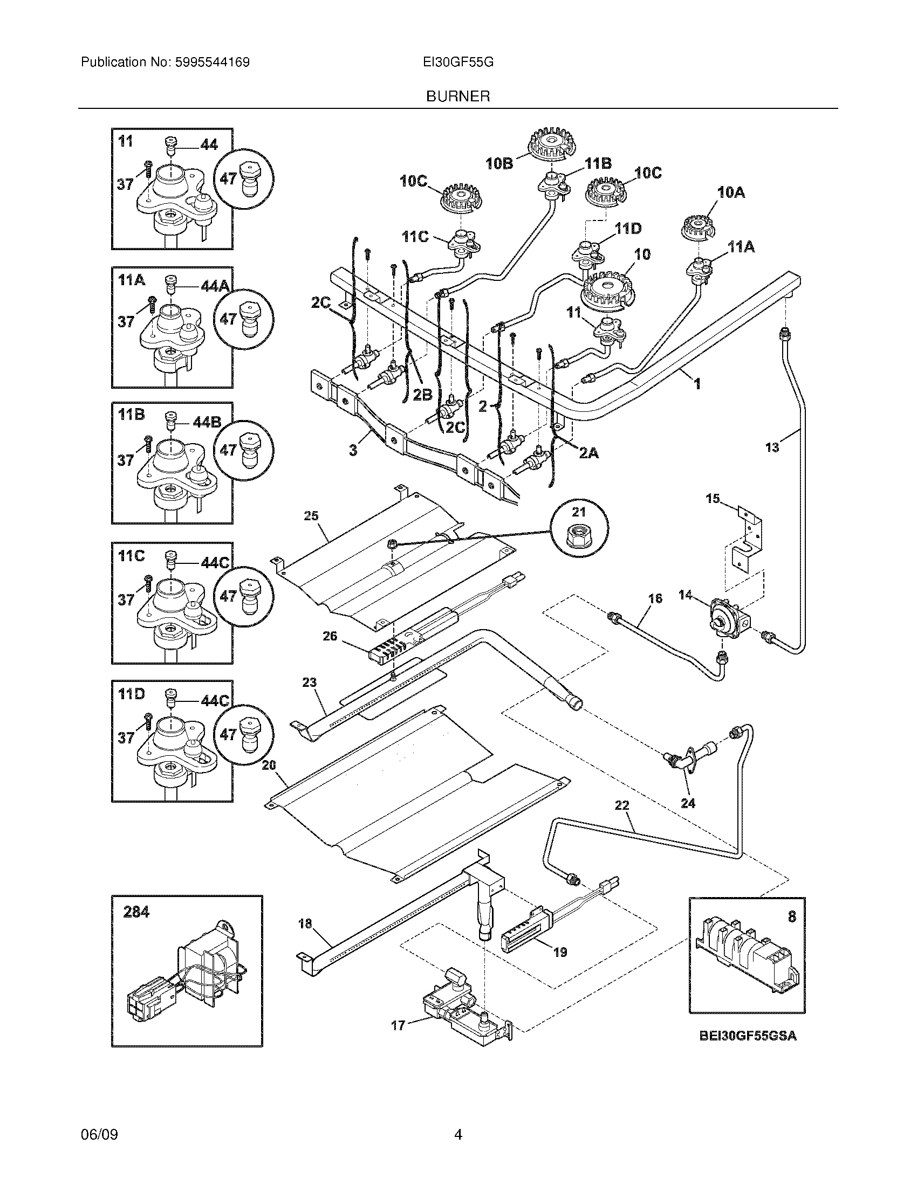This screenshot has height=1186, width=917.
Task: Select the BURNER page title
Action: pos(458,96)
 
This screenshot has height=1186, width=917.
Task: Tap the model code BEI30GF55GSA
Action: pos(748,1036)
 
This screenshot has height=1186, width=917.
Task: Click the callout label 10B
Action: pos(500,163)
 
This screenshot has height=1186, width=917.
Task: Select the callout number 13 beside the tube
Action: pos(772,447)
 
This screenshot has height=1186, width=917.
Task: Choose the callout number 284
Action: pos(136,912)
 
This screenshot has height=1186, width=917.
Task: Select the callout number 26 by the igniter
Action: pos(330,636)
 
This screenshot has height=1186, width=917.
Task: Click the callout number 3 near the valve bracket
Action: pos(354,450)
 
